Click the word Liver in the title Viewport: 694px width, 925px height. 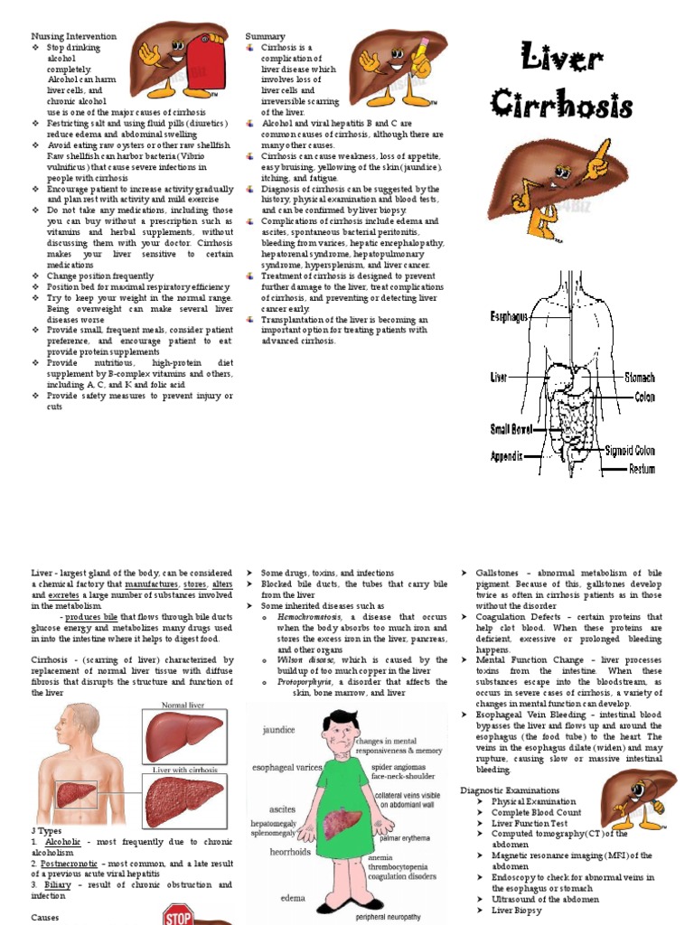562,61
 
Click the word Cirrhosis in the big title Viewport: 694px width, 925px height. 562,104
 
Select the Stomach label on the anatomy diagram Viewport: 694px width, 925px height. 639,378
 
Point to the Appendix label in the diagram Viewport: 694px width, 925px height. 506,457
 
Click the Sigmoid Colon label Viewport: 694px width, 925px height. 630,450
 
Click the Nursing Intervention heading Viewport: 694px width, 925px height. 73,36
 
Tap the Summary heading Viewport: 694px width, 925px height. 266,36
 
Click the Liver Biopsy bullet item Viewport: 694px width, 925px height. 516,911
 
